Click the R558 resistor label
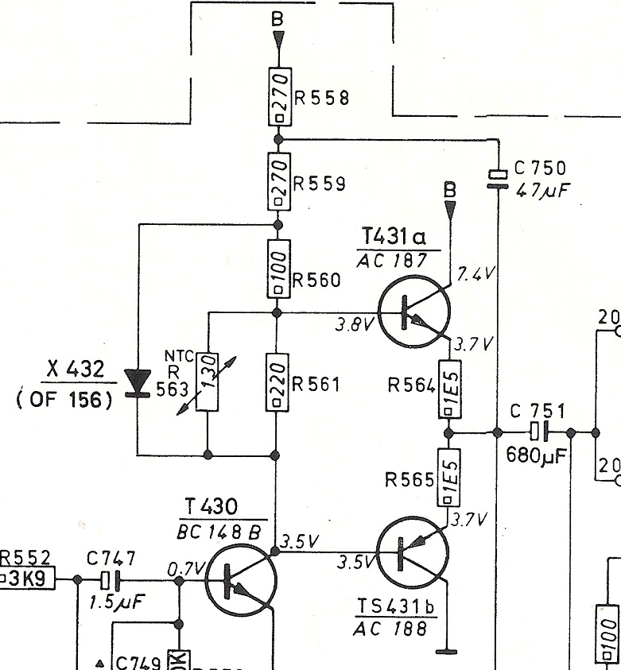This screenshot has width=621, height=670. point(321,99)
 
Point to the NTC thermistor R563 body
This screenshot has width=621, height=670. point(208,382)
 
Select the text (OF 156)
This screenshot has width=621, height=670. point(64,400)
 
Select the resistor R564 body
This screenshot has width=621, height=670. point(448,389)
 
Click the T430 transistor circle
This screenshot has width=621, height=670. point(241,580)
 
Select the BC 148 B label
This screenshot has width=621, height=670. point(222,533)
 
